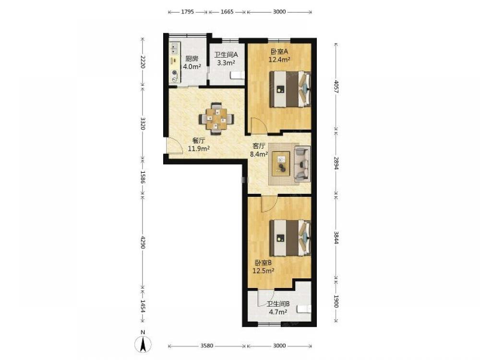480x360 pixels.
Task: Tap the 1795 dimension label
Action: click(188, 12)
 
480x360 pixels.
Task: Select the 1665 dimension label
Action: click(227, 12)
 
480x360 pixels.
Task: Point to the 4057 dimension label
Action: click(336, 87)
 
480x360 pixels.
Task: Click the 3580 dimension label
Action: click(206, 346)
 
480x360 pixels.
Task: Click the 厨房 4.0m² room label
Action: click(192, 62)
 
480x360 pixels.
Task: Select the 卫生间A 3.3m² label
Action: click(226, 59)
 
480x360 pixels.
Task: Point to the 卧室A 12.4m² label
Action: click(279, 55)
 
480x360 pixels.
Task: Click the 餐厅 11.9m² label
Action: click(198, 145)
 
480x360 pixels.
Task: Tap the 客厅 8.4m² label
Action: click(259, 150)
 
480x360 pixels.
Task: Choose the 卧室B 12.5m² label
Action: click(263, 266)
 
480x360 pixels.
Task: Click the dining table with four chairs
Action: click(216, 119)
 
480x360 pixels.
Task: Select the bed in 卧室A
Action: click(290, 89)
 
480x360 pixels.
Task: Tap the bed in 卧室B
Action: click(290, 238)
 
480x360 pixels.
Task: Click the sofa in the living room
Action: click(302, 164)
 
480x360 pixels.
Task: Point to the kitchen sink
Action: click(175, 48)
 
